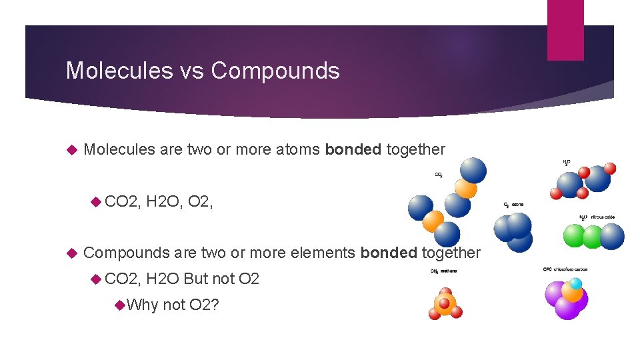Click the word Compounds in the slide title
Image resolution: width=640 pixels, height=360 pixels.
pyautogui.click(x=275, y=70)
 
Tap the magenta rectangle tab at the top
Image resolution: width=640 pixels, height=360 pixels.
pyautogui.click(x=565, y=30)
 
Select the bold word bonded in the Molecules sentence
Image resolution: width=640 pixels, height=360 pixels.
pyautogui.click(x=353, y=149)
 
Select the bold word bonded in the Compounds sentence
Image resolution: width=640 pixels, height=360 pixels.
pyautogui.click(x=388, y=253)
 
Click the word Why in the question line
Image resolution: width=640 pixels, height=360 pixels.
pyautogui.click(x=142, y=305)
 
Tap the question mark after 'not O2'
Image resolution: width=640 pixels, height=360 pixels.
pyautogui.click(x=217, y=305)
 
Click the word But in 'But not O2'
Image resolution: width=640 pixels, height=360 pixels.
pyautogui.click(x=196, y=279)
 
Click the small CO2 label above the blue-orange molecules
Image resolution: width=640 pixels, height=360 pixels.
pyautogui.click(x=439, y=175)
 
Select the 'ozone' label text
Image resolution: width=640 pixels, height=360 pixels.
pyautogui.click(x=526, y=205)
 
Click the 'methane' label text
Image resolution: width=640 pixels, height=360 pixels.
pyautogui.click(x=448, y=271)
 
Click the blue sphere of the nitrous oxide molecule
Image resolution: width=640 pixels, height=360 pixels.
pyautogui.click(x=611, y=236)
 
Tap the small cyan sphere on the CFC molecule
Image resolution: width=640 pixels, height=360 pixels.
pyautogui.click(x=576, y=283)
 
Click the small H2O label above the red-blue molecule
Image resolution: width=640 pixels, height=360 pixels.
pyautogui.click(x=566, y=162)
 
